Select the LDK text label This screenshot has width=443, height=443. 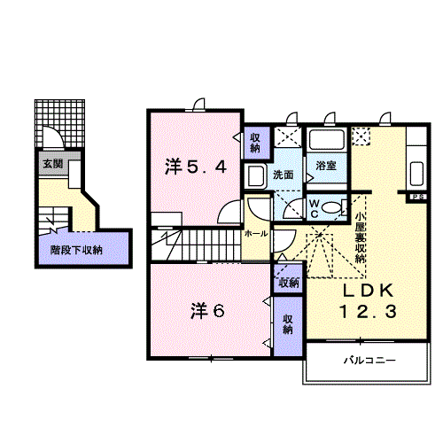[361, 292]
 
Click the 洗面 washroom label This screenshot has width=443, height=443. [284, 175]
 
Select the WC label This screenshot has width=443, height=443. [315, 207]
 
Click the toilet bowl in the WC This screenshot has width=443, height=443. [331, 208]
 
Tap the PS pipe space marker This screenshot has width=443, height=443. [416, 197]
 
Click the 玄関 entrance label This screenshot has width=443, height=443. [51, 164]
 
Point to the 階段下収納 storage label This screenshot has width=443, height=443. [75, 250]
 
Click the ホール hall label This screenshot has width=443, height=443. [255, 234]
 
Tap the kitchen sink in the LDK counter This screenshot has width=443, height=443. [416, 168]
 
